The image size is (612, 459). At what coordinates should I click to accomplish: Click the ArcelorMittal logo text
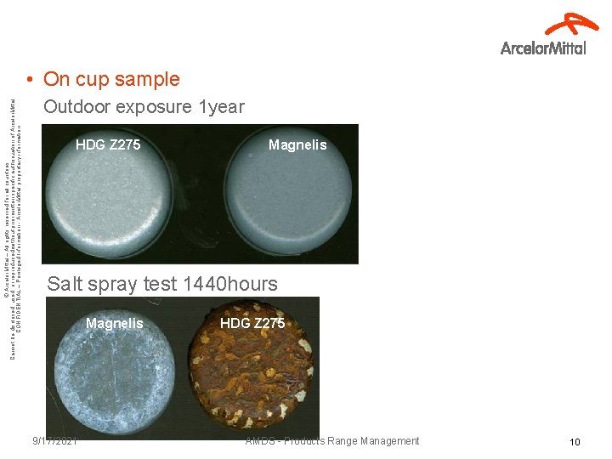(x=543, y=48)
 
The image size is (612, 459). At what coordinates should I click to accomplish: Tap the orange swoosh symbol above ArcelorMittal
(x=571, y=25)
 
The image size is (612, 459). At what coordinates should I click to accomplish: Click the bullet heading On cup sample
(x=110, y=79)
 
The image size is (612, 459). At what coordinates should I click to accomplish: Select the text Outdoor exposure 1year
(x=144, y=107)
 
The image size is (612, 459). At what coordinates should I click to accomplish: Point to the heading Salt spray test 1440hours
(x=162, y=284)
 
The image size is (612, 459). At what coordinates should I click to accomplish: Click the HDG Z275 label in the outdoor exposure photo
(x=108, y=145)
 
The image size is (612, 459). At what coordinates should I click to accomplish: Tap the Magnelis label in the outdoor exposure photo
(x=297, y=145)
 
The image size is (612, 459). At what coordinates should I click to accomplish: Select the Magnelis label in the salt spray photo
(x=115, y=323)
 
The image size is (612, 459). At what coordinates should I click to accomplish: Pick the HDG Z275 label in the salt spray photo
(x=252, y=323)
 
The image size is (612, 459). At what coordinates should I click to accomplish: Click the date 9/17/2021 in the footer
(x=55, y=441)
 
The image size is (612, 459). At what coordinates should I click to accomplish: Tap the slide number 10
(x=575, y=442)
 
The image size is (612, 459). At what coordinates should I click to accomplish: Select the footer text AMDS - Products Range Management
(x=331, y=441)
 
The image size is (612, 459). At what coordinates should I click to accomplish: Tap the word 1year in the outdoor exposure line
(x=221, y=107)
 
